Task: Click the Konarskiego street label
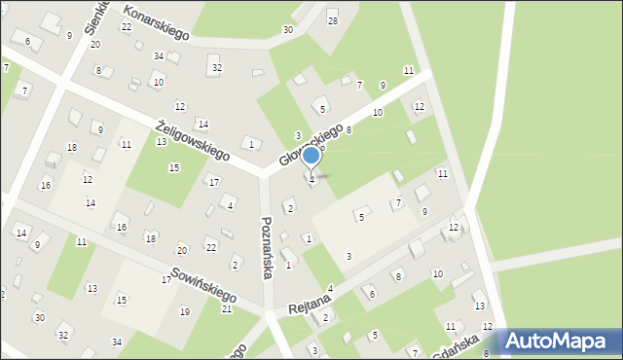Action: (x=157, y=23)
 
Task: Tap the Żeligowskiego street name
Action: (x=193, y=140)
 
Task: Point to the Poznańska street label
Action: (x=266, y=248)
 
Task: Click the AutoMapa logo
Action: (x=560, y=342)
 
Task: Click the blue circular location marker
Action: (x=311, y=155)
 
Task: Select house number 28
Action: (x=332, y=21)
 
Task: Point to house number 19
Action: (x=185, y=311)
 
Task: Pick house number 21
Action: (x=226, y=308)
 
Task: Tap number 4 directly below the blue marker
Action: (x=311, y=179)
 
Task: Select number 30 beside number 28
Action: (x=287, y=30)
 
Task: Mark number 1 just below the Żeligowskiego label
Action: (x=251, y=144)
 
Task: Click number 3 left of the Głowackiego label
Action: (x=298, y=135)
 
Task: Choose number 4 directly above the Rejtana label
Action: (x=330, y=288)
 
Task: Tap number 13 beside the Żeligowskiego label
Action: (x=161, y=142)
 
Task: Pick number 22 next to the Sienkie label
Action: (x=127, y=26)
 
